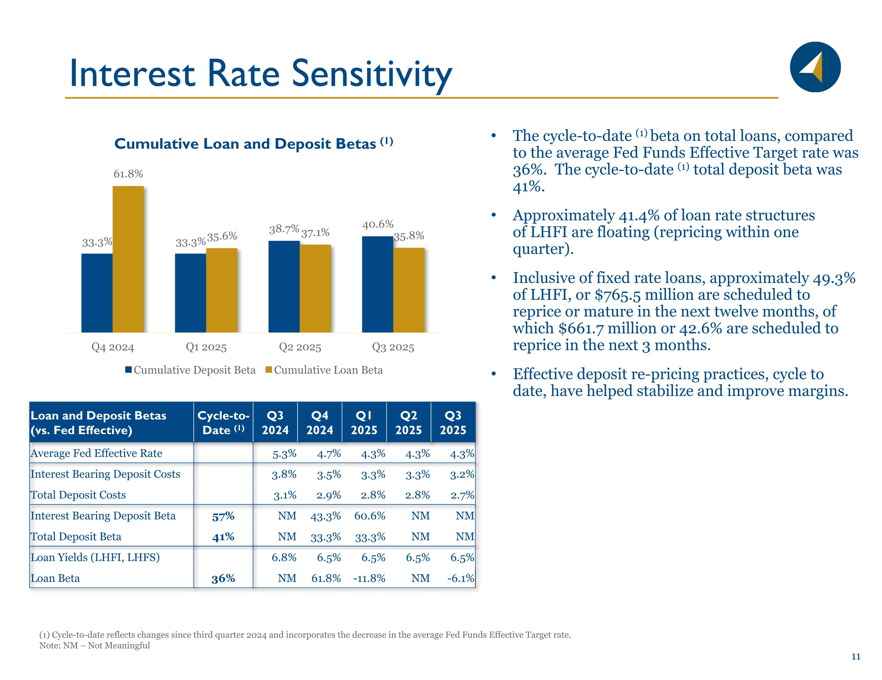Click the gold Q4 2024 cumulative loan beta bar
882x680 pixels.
tap(128, 259)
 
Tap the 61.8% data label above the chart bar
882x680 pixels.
tap(128, 174)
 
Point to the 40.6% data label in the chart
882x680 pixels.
tap(377, 224)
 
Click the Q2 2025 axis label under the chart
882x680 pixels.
tap(300, 347)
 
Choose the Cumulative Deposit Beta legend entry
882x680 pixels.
tap(190, 370)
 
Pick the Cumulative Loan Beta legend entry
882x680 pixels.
tap(324, 370)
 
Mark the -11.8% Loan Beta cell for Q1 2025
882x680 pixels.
tap(369, 578)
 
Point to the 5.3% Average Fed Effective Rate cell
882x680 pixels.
tap(284, 454)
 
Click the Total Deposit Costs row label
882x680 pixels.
tap(78, 495)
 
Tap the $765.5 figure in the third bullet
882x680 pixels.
tap(618, 295)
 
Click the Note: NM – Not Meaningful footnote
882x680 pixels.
tap(94, 645)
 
